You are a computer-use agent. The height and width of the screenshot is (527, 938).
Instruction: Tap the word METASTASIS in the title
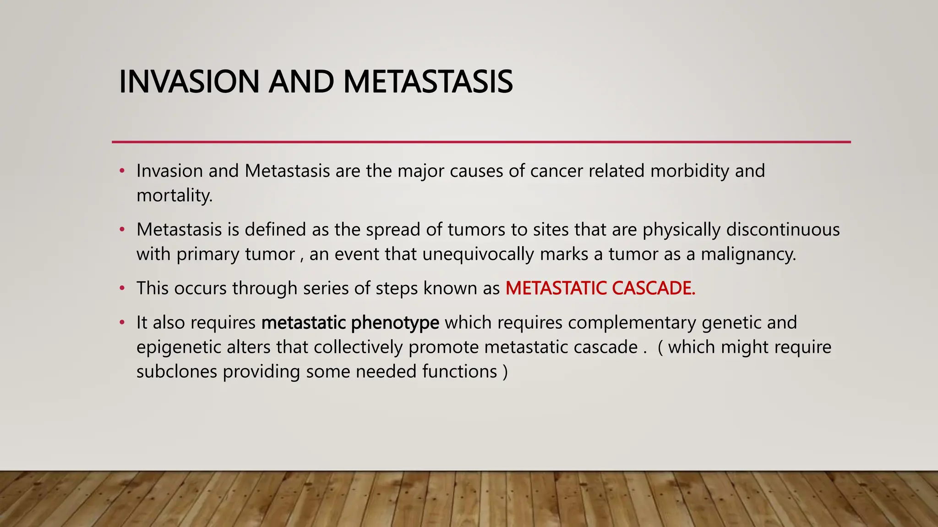coord(428,82)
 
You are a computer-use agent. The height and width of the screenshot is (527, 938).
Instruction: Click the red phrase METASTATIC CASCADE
coord(600,288)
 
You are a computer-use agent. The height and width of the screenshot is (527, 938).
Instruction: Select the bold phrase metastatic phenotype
coord(350,323)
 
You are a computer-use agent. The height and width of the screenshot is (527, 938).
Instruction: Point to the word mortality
coord(174,196)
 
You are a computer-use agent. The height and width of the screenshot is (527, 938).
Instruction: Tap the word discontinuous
coord(783,230)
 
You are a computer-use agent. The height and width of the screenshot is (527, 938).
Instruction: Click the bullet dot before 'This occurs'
coord(122,289)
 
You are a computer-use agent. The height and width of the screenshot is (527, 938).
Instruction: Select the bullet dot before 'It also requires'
coord(122,323)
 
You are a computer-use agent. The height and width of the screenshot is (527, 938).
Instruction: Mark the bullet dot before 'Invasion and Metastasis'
coord(122,172)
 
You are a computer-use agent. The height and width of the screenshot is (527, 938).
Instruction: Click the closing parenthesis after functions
coord(505,372)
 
